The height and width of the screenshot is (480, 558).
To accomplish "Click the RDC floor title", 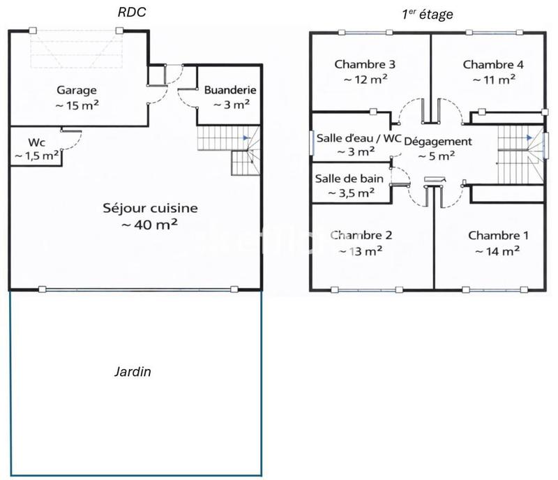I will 132,12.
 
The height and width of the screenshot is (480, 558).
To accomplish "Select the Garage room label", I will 77,90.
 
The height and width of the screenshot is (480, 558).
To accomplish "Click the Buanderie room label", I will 229,90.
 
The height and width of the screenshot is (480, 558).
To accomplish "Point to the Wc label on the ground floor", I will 36,142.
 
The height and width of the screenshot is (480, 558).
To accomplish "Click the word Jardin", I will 133,372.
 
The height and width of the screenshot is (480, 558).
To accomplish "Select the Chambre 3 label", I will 365,64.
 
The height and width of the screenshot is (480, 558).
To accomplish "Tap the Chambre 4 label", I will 493,64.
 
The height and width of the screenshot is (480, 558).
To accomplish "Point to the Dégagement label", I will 437,141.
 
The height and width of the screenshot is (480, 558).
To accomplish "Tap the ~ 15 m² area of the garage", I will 77,105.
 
